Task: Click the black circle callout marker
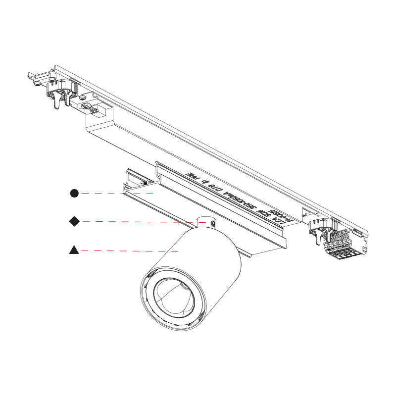(x=74, y=193)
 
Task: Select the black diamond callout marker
(x=74, y=222)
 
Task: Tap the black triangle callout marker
(x=74, y=250)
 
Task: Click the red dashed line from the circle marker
(x=114, y=194)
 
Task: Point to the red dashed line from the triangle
(x=129, y=251)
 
